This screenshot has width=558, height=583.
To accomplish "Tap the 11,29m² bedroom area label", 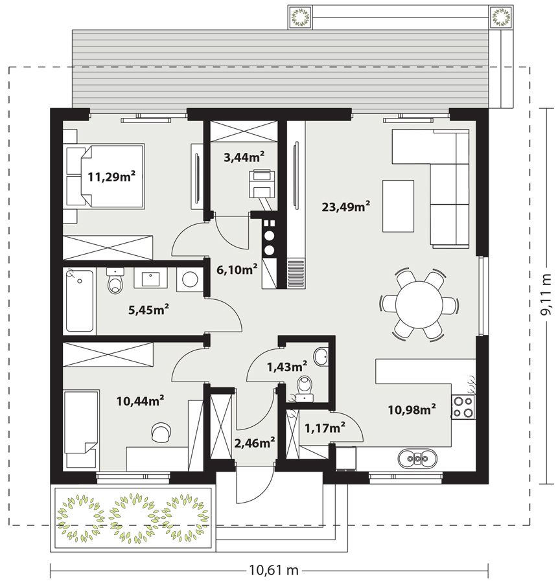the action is (111, 176).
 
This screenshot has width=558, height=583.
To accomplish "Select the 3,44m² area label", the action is (244, 157).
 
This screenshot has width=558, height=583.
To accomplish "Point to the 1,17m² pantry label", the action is (325, 428).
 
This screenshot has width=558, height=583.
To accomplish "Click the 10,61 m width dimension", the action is (273, 569).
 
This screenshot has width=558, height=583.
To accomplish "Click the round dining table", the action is (419, 305).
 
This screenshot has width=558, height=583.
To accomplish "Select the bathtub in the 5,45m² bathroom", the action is (80, 301).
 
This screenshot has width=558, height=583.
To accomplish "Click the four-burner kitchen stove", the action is (463, 407).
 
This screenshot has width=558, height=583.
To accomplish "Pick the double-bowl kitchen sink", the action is (417, 459).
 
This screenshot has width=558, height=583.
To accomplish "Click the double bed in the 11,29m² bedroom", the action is (104, 176).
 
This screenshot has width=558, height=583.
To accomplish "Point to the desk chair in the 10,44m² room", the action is (161, 432).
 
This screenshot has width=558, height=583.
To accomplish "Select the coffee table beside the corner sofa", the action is (398, 207).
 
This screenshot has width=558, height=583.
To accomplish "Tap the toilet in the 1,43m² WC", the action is (305, 389).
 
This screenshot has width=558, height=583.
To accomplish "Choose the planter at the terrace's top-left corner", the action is (300, 17).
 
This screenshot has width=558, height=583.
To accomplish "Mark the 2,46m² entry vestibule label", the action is (255, 442).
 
